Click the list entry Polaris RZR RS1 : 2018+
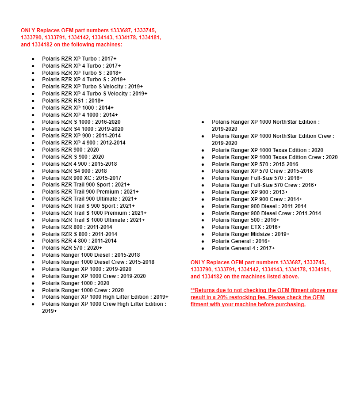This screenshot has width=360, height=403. [x=73, y=101]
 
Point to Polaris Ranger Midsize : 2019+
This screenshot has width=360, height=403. [x=250, y=234]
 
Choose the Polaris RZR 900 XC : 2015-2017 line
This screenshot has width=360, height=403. [x=81, y=178]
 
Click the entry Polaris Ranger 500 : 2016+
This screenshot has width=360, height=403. [x=245, y=220]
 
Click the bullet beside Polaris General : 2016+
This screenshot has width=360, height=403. [x=203, y=241]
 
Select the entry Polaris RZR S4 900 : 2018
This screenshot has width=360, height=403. [x=74, y=171]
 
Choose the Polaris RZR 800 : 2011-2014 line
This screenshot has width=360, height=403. [x=77, y=227]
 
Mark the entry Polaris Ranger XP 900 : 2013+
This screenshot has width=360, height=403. [x=249, y=192]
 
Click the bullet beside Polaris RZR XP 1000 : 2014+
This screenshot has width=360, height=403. [x=33, y=108]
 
